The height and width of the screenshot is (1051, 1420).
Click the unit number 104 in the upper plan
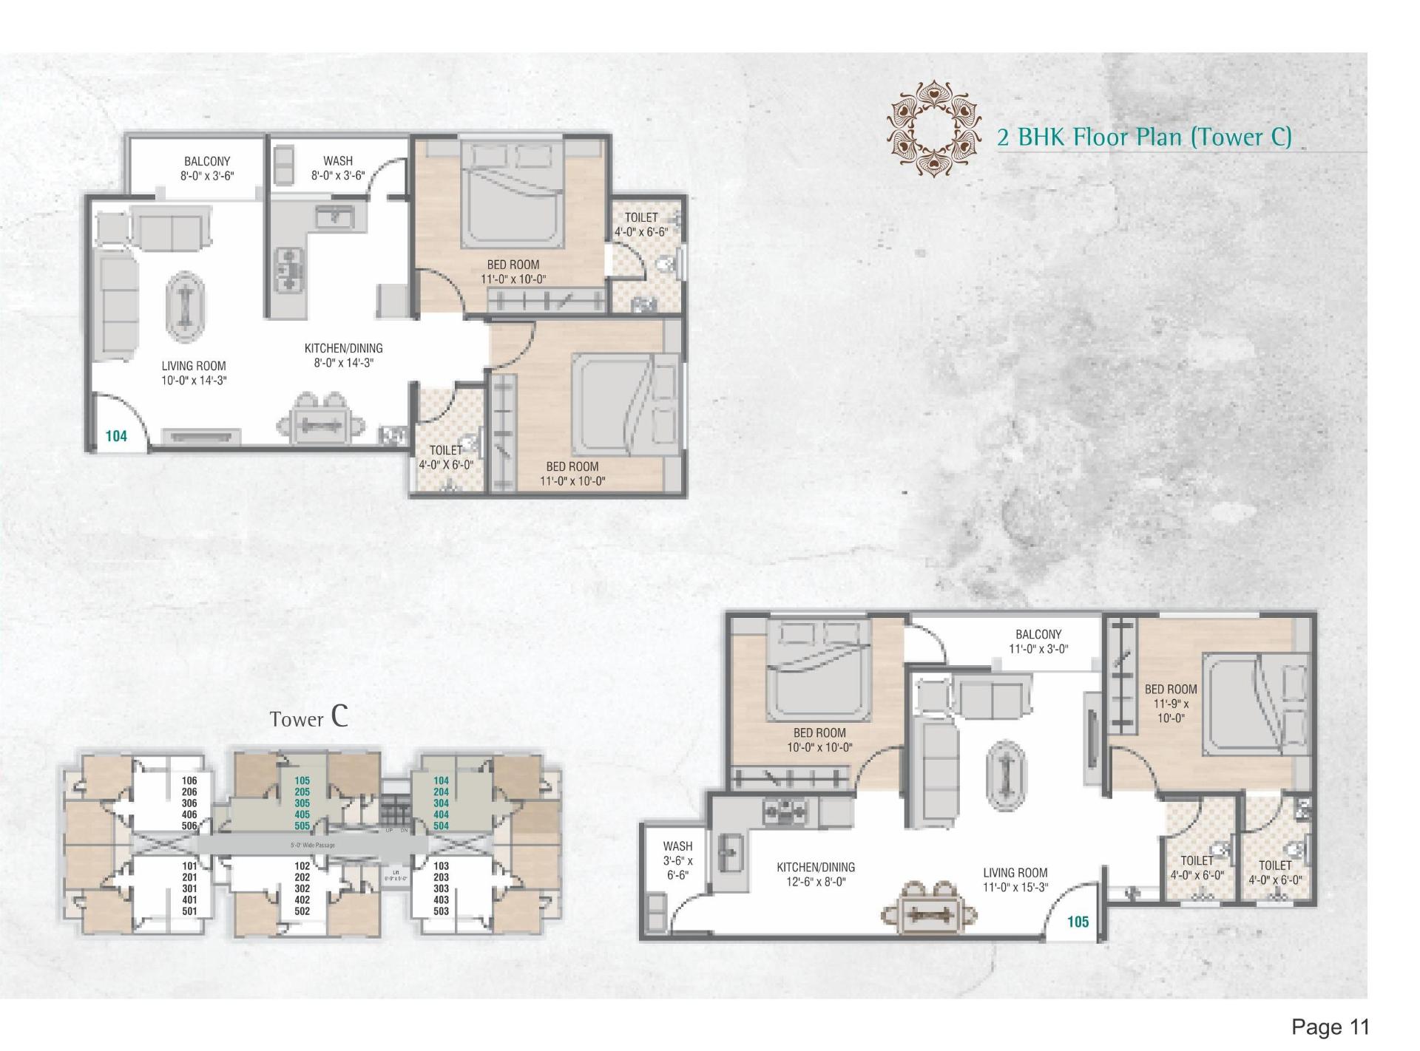116,436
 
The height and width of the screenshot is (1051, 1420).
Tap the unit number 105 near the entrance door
1078,922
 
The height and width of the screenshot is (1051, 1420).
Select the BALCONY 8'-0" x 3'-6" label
207,169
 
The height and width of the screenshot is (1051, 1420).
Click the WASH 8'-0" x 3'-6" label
338,169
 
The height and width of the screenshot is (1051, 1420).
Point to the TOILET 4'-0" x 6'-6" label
641,224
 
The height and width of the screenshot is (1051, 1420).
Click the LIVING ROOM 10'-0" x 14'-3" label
194,373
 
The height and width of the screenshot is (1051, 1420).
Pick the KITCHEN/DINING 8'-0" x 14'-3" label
344,356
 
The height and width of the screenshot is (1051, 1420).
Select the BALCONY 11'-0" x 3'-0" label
1038,642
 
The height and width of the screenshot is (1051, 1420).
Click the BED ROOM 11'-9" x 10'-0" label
1171,703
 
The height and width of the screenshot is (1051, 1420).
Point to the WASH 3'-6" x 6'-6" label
677,860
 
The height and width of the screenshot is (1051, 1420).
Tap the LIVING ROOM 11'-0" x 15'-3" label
1015,880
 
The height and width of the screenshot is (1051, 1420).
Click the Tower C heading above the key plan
309,718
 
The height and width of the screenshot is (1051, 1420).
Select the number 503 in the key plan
441,911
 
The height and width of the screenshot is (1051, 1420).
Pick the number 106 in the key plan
189,780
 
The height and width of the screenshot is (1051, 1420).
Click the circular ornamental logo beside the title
935,129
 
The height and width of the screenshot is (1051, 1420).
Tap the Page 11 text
1330,1027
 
